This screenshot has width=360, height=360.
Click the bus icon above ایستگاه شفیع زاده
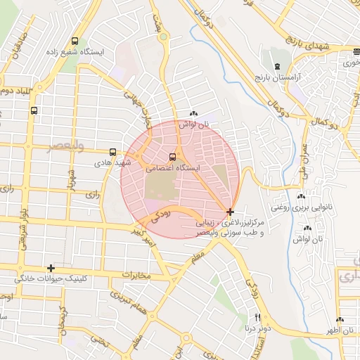(75, 41)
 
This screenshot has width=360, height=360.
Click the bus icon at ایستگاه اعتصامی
(173, 157)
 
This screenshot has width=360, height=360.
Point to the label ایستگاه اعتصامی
(173, 169)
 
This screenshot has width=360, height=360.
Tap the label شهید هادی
(113, 162)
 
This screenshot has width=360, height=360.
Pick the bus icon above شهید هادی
(112, 151)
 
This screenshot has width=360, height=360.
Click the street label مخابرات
(136, 274)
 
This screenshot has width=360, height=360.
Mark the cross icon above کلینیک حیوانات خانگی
(51, 268)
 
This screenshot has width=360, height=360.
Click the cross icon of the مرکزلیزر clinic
(231, 211)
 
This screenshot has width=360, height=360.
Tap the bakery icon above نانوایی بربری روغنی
(302, 198)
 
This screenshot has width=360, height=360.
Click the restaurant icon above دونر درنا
(257, 317)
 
